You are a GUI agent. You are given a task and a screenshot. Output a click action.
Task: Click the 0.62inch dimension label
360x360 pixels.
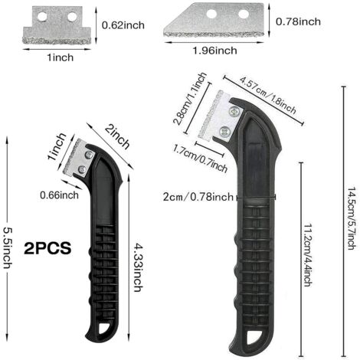123,25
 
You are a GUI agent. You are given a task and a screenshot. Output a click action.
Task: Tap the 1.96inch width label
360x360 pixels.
214,51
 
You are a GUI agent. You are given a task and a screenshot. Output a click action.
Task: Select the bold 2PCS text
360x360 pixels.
47,248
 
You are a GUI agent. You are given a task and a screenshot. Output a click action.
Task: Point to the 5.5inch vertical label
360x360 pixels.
7,248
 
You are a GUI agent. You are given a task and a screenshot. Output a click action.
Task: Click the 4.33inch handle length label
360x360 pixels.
138,268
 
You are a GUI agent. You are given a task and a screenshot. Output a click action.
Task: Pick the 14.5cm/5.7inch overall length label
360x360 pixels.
352,218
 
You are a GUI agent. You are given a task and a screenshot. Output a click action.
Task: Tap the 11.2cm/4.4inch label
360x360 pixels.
308,255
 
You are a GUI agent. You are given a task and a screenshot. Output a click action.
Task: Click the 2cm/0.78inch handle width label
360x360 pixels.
198,197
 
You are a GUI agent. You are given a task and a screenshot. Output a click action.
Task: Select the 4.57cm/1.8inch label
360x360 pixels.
267,95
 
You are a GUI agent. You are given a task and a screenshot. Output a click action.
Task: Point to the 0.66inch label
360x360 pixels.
59,195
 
